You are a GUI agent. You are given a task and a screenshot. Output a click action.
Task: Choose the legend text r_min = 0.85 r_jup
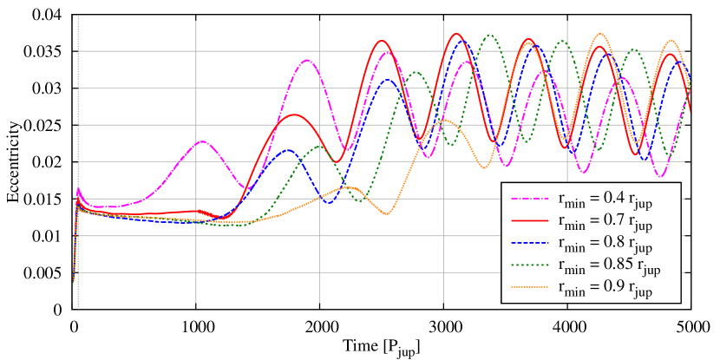[608, 266]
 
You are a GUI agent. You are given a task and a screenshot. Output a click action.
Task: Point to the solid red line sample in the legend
[528, 220]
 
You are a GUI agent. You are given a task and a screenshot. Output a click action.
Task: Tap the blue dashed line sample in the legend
[528, 243]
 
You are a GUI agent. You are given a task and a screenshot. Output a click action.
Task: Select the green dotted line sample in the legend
[528, 265]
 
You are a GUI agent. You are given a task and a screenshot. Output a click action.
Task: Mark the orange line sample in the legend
[528, 288]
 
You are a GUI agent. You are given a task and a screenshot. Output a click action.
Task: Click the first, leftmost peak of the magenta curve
[201, 141]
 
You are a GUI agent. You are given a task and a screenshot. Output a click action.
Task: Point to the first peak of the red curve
[295, 115]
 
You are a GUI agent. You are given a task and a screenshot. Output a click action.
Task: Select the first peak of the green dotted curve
[318, 146]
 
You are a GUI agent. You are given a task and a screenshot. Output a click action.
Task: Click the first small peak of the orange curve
[348, 187]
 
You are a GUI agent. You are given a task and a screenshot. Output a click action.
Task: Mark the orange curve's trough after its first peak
[386, 213]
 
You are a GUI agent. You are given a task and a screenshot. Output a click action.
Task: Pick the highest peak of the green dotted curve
[490, 35]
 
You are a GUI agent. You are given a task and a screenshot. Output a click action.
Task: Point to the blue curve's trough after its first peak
[329, 203]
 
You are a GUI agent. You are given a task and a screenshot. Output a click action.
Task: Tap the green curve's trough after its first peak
[359, 201]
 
